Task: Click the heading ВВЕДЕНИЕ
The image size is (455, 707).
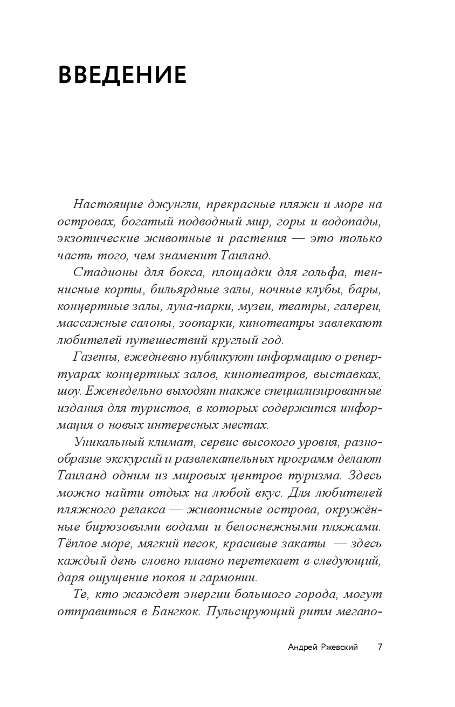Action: tap(122, 75)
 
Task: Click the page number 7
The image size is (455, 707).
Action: tap(379, 647)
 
